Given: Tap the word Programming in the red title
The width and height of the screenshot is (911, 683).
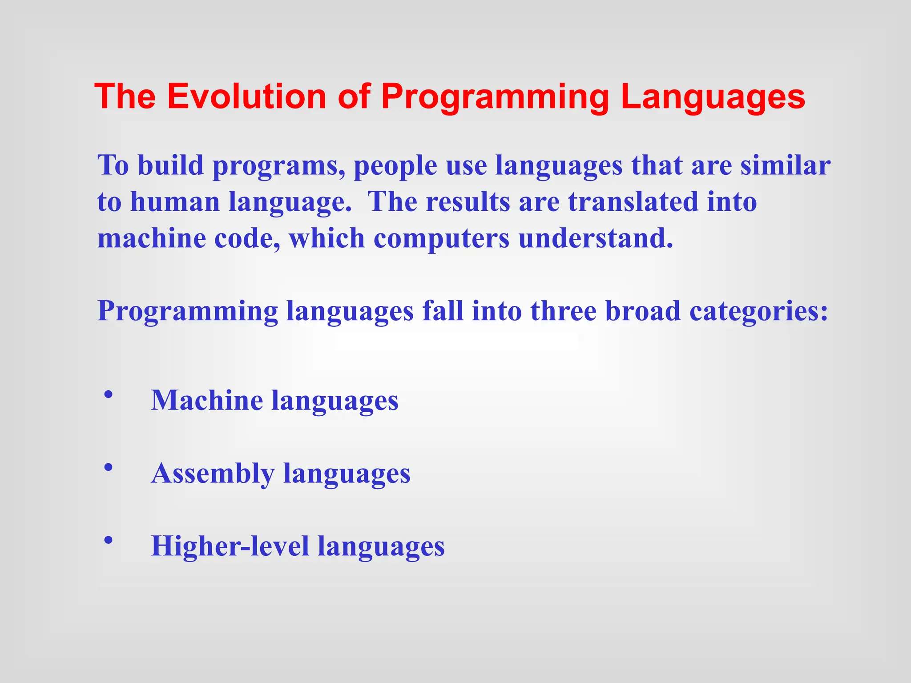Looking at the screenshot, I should coord(495,97).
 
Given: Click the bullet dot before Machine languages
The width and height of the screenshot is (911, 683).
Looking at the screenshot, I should coord(108,394).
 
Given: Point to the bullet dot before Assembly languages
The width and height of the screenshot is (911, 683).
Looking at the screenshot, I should coord(108,467).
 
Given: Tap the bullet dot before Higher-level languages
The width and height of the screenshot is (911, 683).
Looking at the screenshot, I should coord(108,540).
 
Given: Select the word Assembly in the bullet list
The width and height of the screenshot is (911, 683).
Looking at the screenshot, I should coord(213,473).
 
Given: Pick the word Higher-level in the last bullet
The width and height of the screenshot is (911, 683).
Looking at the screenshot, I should coord(230,546).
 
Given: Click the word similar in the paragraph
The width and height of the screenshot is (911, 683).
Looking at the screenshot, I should coord(785,165).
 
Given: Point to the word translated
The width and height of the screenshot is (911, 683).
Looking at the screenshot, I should coord(633,201).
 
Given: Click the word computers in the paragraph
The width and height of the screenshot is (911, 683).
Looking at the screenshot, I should coord(441,239).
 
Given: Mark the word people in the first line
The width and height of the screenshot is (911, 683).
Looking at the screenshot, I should coord(395,166).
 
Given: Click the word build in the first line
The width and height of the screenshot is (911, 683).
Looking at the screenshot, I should coord(170,165).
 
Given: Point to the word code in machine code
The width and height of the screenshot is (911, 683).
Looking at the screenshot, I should coord(247,238).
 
